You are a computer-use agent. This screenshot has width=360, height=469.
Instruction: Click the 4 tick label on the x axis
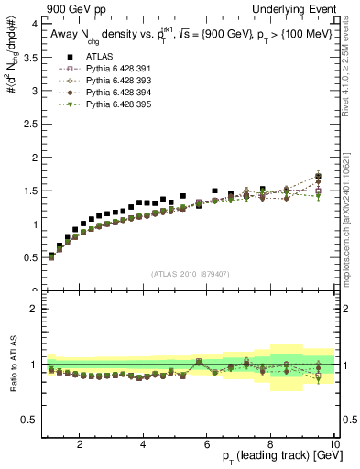tap(144, 444)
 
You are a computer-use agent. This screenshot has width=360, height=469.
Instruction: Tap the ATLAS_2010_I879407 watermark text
tap(190, 274)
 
